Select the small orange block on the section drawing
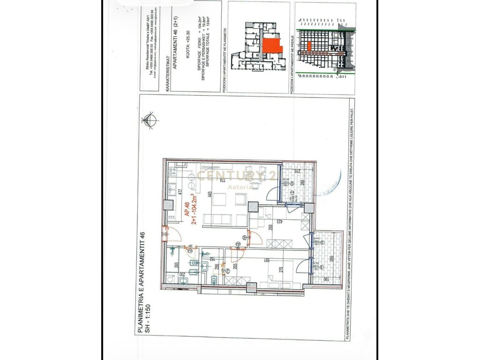[x=309, y=45]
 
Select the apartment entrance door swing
[x=170, y=233]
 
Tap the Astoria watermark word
[x=240, y=187]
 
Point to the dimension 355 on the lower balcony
[x=331, y=258]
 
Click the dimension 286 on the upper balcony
[x=302, y=182]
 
